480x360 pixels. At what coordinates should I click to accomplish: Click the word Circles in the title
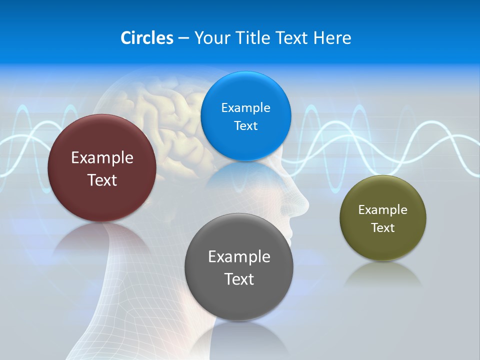tap(146, 38)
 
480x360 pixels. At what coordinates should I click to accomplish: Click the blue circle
tap(245, 116)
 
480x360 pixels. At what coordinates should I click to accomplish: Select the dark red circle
tap(102, 168)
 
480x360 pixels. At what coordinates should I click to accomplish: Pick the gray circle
tap(239, 267)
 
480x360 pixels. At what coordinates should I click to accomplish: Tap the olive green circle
tap(383, 218)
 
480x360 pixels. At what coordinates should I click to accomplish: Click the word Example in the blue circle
tap(245, 107)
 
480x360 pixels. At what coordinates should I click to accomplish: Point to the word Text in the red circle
tap(102, 180)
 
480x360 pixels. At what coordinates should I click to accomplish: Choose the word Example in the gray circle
tap(239, 257)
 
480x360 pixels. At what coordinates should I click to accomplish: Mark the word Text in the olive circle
tap(383, 228)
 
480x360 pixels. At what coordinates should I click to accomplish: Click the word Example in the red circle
tap(102, 158)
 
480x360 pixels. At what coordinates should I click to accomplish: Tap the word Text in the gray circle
tap(239, 279)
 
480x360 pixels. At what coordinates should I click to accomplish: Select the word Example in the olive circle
tap(383, 210)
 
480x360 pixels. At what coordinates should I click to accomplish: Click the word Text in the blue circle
tap(245, 125)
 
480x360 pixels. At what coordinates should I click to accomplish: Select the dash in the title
tap(183, 38)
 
